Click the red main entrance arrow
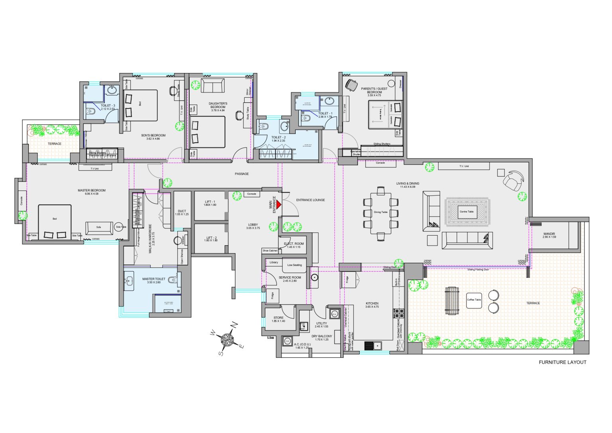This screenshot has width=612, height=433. pyautogui.click(x=279, y=204)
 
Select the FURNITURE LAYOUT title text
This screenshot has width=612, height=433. pyautogui.click(x=562, y=362)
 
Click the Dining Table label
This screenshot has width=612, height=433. pyautogui.click(x=381, y=212)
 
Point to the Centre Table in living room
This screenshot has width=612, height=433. pyautogui.click(x=467, y=211)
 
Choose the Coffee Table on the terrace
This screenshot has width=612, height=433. pyautogui.click(x=474, y=300)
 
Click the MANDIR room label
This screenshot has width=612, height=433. pyautogui.click(x=549, y=234)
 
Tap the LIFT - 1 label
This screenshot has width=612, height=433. pyautogui.click(x=210, y=202)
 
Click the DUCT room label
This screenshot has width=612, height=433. pyautogui.click(x=182, y=211)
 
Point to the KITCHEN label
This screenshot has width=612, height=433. pyautogui.click(x=372, y=304)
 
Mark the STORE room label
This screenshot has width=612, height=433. pyautogui.click(x=279, y=318)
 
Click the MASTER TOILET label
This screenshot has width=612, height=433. pyautogui.click(x=154, y=279)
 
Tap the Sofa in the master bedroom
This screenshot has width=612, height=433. pyautogui.click(x=99, y=227)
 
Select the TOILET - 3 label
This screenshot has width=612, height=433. pyautogui.click(x=108, y=106)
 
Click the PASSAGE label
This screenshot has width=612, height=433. pyautogui.click(x=241, y=174)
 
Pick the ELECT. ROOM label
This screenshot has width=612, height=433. pyautogui.click(x=294, y=244)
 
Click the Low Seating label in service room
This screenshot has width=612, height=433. pyautogui.click(x=294, y=265)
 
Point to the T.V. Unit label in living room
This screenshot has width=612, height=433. pyautogui.click(x=464, y=166)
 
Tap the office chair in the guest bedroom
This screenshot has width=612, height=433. pyautogui.click(x=351, y=85)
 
